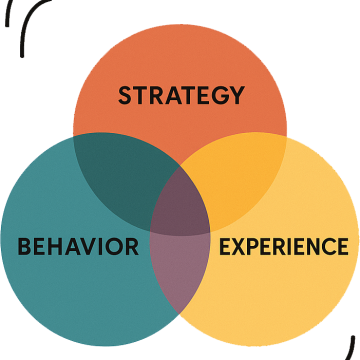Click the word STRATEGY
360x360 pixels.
(181, 96)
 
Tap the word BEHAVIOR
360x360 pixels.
(78, 246)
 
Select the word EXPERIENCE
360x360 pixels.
(283, 246)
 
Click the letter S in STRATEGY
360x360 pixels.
(125, 96)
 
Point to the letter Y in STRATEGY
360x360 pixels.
(236, 96)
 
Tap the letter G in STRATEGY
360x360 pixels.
(219, 96)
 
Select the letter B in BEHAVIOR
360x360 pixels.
(24, 246)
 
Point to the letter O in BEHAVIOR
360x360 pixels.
(114, 246)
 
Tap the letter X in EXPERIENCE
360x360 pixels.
(238, 246)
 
